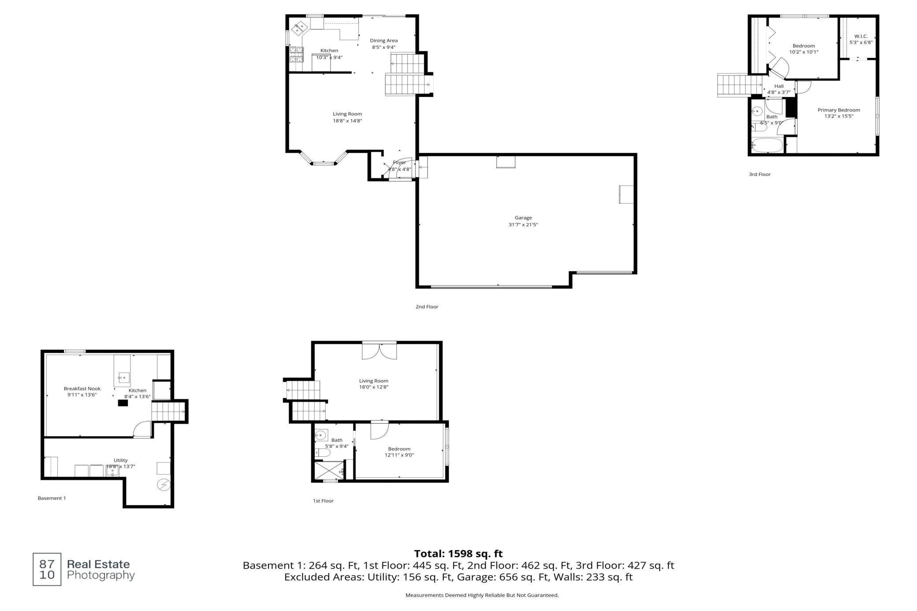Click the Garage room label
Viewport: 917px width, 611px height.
point(523,218)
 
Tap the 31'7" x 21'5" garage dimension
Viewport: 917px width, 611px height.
point(523,225)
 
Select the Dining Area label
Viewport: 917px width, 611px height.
point(384,41)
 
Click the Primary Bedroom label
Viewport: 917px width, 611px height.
point(839,110)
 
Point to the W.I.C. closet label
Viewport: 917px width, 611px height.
point(861,36)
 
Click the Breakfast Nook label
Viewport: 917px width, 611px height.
point(82,389)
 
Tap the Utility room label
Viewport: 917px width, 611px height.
point(120,460)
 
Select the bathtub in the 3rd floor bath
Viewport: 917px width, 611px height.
point(767,145)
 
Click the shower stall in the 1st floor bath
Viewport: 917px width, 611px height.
point(328,470)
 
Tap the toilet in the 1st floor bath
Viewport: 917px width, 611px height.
point(323,453)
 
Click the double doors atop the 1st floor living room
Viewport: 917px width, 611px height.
point(379,351)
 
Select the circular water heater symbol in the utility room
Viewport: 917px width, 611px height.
point(164,485)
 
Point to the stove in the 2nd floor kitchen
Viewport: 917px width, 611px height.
point(296,54)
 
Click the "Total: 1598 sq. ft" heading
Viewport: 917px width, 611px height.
point(458,554)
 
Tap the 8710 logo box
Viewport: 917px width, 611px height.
point(47,569)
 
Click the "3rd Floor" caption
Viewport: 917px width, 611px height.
point(760,175)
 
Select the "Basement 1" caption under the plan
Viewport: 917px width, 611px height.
point(52,498)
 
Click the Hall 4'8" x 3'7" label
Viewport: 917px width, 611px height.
point(779,89)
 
